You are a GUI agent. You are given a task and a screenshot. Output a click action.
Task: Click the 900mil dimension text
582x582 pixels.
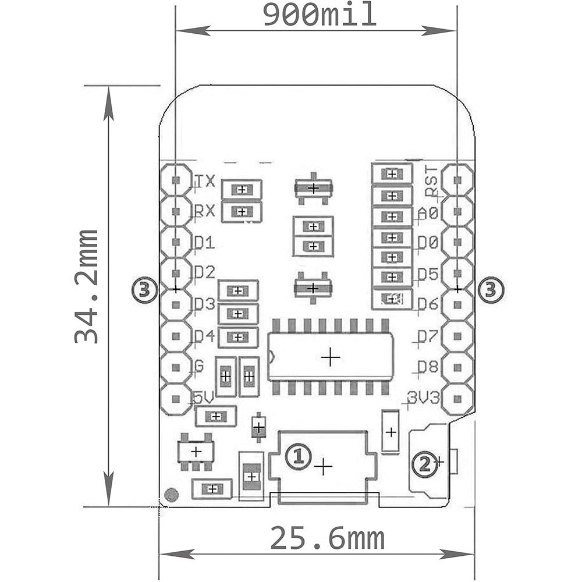tap(320, 15)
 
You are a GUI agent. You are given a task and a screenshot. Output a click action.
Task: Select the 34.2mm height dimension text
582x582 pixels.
tap(87, 286)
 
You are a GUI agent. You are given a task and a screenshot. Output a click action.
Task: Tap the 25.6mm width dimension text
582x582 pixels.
tap(327, 539)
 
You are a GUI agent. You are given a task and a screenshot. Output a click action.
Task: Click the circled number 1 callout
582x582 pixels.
tap(297, 456)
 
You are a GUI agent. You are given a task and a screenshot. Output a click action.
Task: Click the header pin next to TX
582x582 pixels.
tap(176, 179)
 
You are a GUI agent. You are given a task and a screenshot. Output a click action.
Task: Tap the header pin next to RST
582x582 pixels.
tap(457, 179)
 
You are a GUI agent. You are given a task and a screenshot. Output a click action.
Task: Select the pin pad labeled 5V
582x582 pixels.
tap(176, 400)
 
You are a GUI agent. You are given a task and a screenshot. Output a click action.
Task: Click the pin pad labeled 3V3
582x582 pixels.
tap(457, 400)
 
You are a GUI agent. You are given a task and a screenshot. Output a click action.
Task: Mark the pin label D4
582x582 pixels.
tap(205, 336)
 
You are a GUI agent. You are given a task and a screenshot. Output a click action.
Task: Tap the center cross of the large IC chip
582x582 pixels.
tap(331, 357)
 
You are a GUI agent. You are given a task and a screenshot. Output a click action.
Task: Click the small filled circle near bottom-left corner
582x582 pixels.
tap(171, 495)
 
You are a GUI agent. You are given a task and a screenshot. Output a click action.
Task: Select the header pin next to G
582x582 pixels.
tap(176, 368)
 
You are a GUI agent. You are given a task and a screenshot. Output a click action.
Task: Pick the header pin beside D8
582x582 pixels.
tap(457, 368)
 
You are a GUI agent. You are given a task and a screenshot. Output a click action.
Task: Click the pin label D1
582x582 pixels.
tap(205, 243)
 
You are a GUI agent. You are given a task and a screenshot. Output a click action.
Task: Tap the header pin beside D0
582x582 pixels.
tap(457, 242)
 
